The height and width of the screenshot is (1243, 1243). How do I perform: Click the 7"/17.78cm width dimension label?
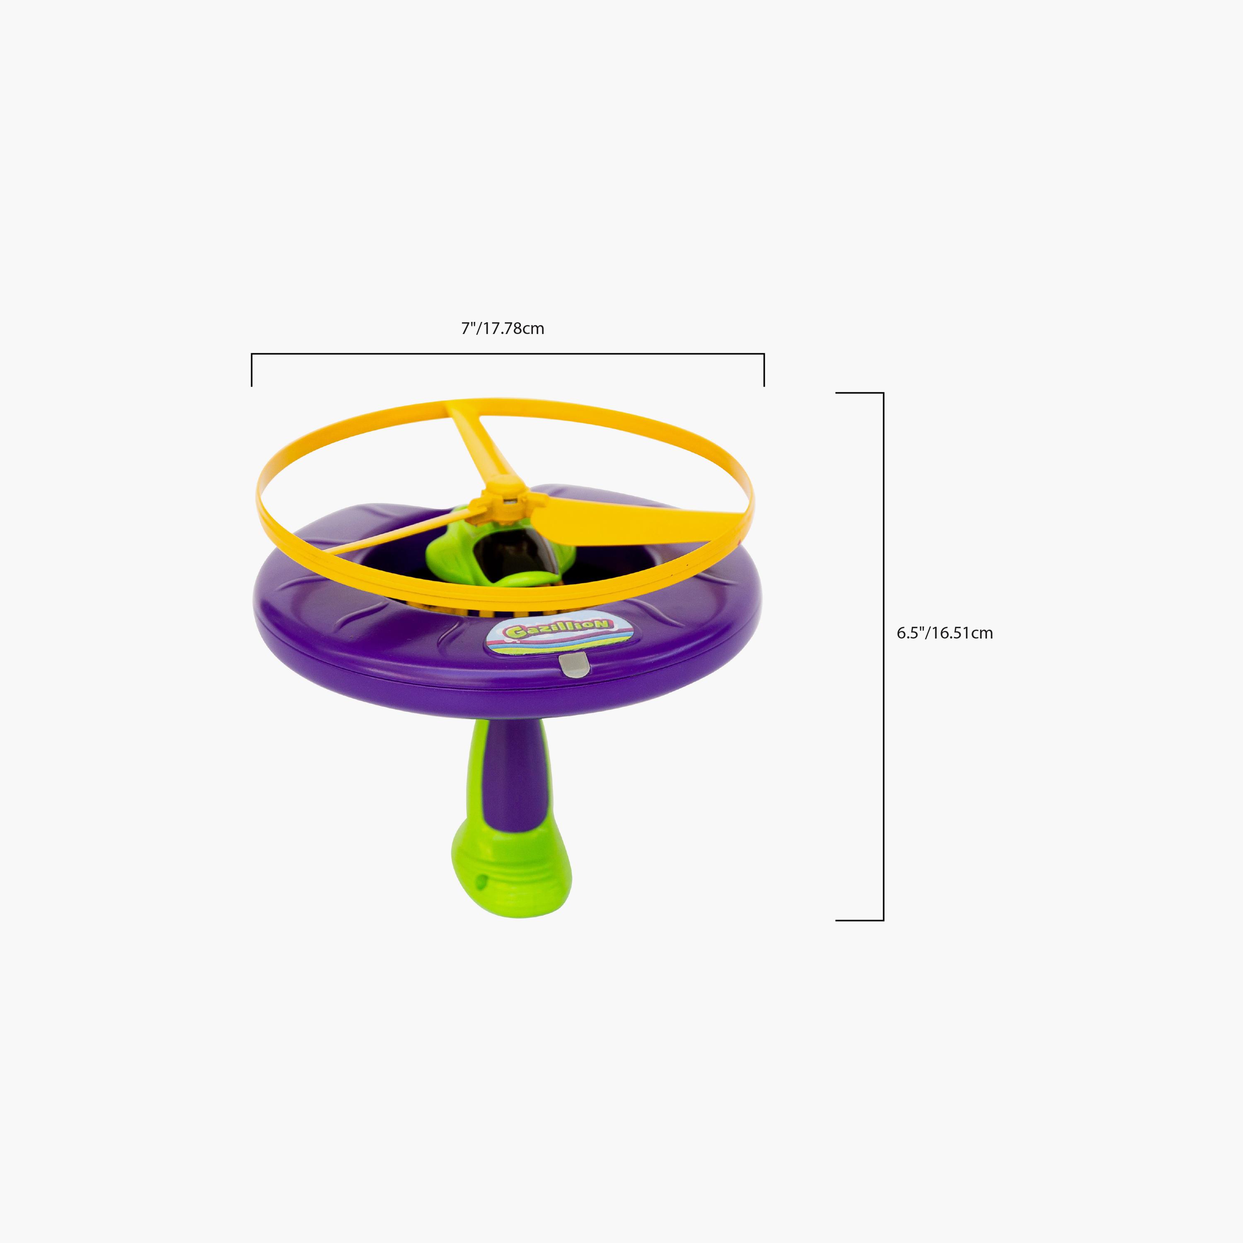click(503, 328)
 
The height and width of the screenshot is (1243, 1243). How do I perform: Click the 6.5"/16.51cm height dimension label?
click(945, 633)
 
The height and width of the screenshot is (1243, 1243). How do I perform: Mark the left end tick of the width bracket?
click(252, 370)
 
